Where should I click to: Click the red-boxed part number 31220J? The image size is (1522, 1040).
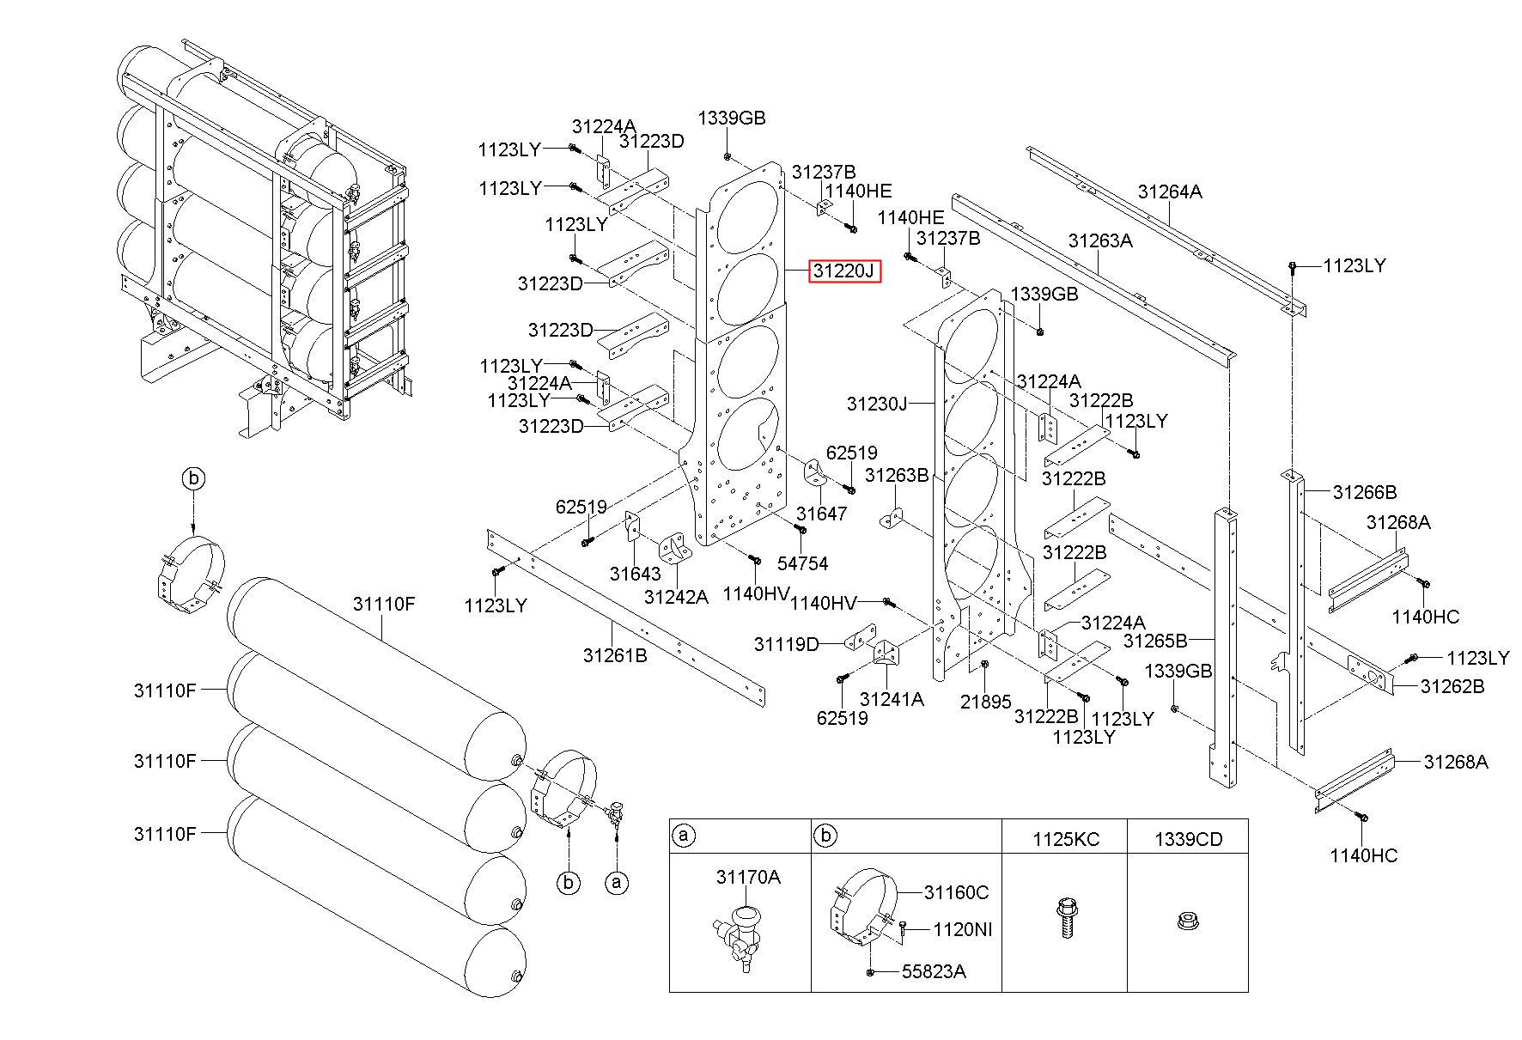(843, 272)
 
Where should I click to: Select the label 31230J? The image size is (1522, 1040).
(877, 403)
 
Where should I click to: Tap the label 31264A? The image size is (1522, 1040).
(1170, 192)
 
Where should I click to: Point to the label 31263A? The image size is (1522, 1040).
(1100, 240)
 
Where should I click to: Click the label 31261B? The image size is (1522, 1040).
(615, 655)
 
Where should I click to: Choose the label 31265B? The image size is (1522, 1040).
(1155, 641)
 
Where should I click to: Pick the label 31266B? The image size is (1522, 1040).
(1365, 492)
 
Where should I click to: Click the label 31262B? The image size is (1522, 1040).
(1452, 686)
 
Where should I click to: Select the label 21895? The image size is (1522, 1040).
(986, 702)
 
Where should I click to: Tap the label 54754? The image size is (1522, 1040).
(802, 563)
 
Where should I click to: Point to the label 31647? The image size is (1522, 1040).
(822, 514)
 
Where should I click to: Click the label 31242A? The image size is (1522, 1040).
(677, 597)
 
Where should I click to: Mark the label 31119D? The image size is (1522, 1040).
(787, 644)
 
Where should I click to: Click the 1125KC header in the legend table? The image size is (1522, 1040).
(1065, 840)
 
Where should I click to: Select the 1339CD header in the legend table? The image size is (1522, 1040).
(1188, 840)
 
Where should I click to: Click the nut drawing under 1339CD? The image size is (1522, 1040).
(1187, 923)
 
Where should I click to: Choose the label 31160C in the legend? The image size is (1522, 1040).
(956, 893)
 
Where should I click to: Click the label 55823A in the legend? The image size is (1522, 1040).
(934, 971)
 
